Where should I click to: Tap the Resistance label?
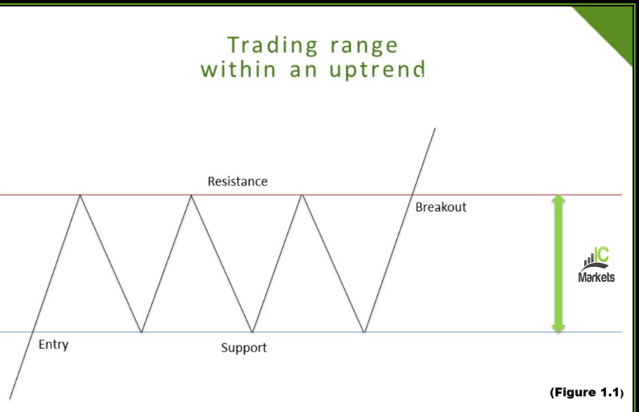coord(237,181)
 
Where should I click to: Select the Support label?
coord(244,348)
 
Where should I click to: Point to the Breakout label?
coord(440,207)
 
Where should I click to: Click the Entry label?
coord(53,345)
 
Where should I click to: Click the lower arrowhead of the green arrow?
coord(558,326)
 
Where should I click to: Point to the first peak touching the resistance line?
coord(80,195)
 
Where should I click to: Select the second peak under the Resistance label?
coord(191,195)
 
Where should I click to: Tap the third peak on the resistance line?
coord(302,195)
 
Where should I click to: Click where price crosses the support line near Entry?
coord(34,332)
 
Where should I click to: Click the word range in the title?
coord(363,46)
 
